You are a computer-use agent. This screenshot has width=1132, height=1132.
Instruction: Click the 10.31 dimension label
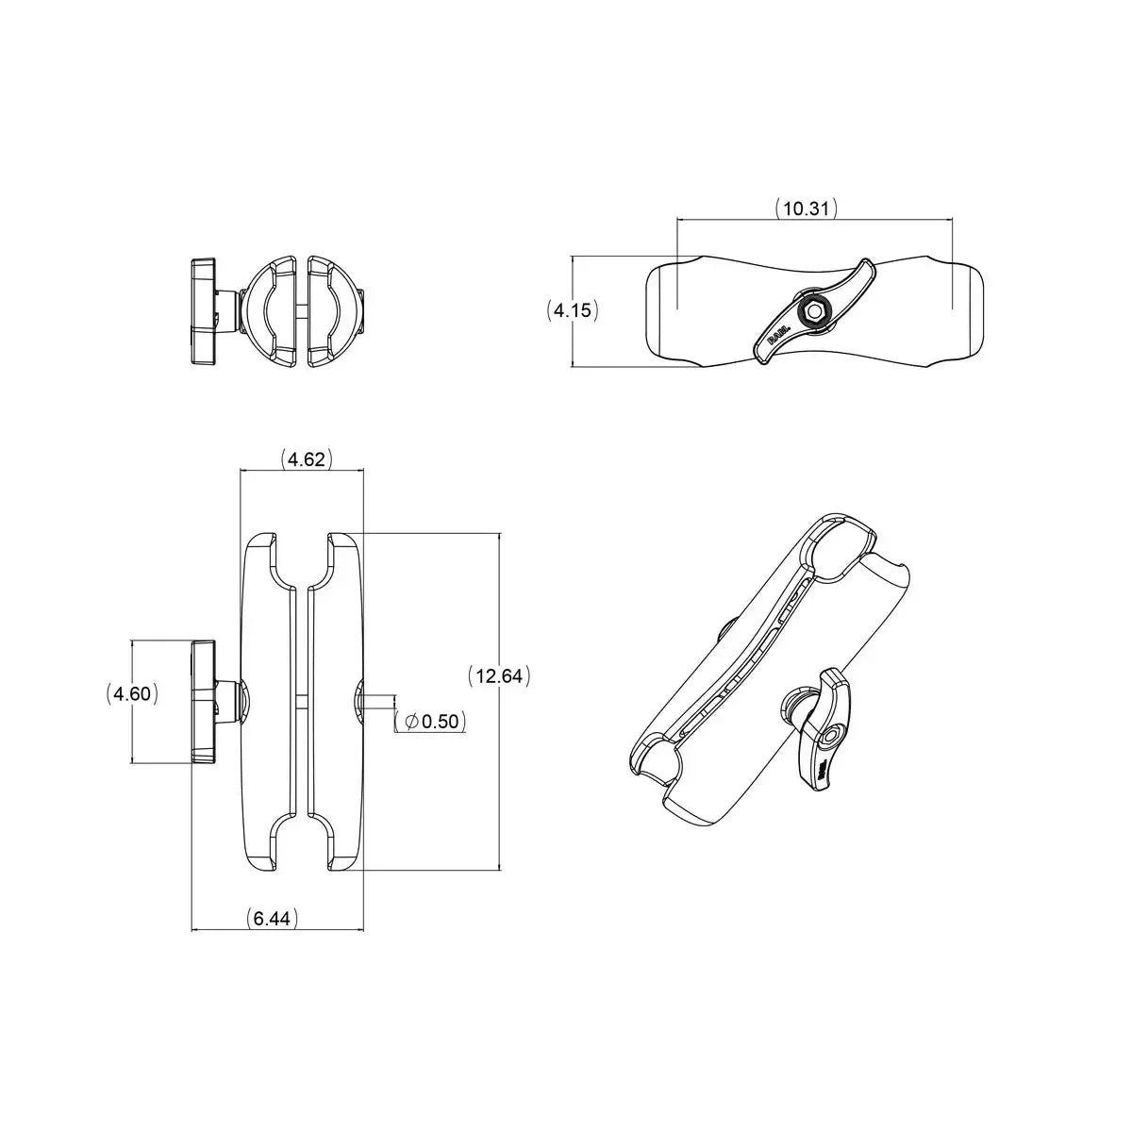(x=806, y=208)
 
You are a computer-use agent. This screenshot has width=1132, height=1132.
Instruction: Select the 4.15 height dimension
(x=573, y=309)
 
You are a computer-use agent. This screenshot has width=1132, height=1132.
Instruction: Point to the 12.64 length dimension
(x=499, y=675)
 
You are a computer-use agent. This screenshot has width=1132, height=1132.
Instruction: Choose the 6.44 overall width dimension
(x=272, y=918)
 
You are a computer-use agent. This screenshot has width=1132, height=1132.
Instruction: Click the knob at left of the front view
(x=204, y=702)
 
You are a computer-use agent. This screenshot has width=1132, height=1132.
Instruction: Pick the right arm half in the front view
(x=335, y=702)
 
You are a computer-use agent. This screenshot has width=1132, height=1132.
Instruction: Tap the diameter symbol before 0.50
(x=410, y=722)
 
